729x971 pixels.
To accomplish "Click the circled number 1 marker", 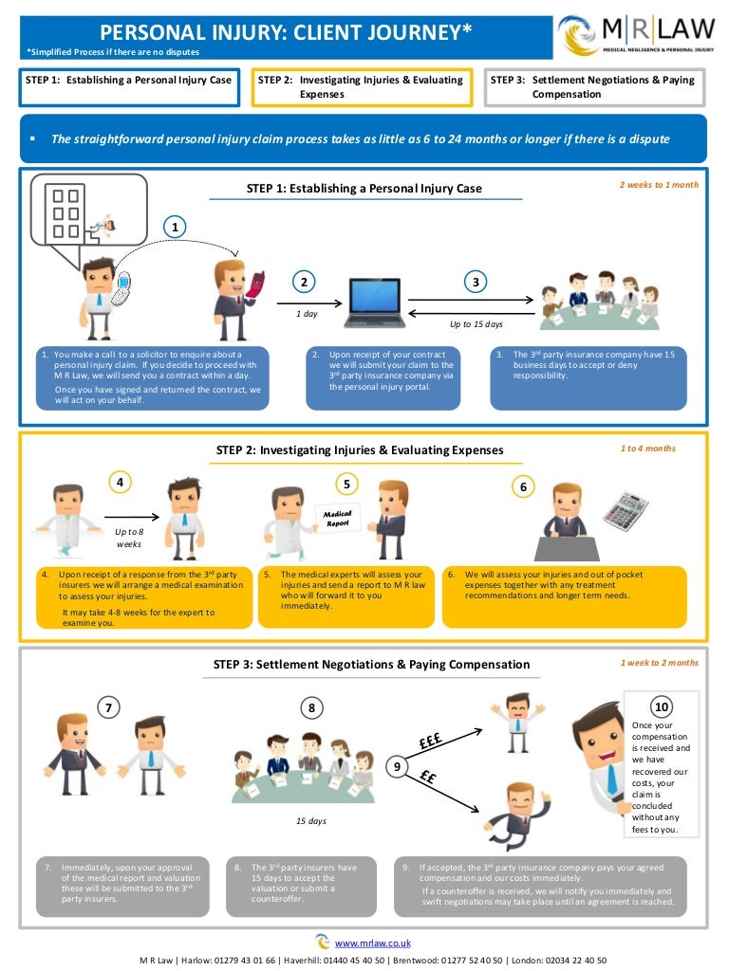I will coord(175,226).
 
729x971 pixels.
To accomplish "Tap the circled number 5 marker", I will coord(346,484).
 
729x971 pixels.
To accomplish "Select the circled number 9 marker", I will coord(399,764).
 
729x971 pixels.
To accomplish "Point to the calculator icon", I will coord(626,512).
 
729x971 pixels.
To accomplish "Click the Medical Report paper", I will coord(338,518).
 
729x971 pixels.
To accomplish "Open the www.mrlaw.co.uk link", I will coord(372,943).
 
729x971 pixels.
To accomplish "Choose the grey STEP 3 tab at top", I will coord(594,87).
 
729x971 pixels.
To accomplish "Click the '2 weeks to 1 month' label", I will coord(659,185).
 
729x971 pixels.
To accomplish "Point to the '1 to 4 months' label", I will coord(648,449).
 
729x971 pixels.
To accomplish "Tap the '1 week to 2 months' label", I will coord(659,663).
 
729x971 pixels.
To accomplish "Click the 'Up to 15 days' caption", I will coord(477,324).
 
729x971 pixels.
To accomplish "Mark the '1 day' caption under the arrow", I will coord(306,314).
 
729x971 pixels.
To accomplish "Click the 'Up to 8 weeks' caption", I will coord(129,538).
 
